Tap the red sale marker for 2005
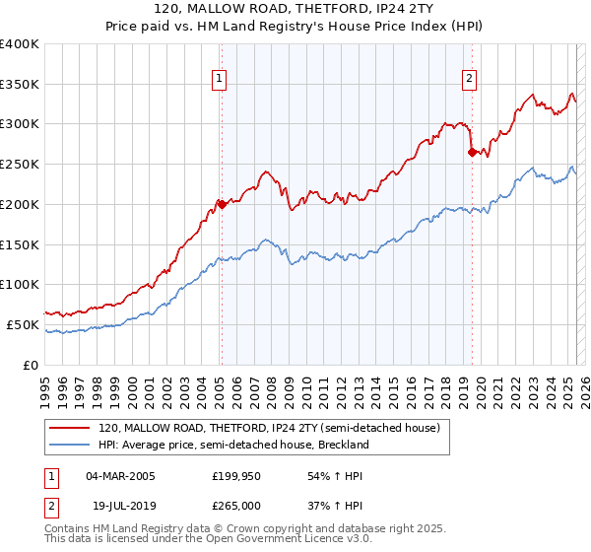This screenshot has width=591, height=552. [x=222, y=205]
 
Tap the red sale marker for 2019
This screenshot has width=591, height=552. [x=472, y=152]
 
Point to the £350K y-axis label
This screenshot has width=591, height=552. [x=20, y=85]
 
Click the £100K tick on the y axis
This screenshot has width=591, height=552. [x=20, y=285]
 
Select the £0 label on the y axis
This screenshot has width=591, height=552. [x=32, y=365]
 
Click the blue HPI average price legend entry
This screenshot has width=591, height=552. [x=233, y=445]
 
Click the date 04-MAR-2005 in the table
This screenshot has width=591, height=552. [x=120, y=476]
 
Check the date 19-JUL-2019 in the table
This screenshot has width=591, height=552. [x=120, y=504]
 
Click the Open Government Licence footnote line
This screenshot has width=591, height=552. [x=209, y=540]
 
